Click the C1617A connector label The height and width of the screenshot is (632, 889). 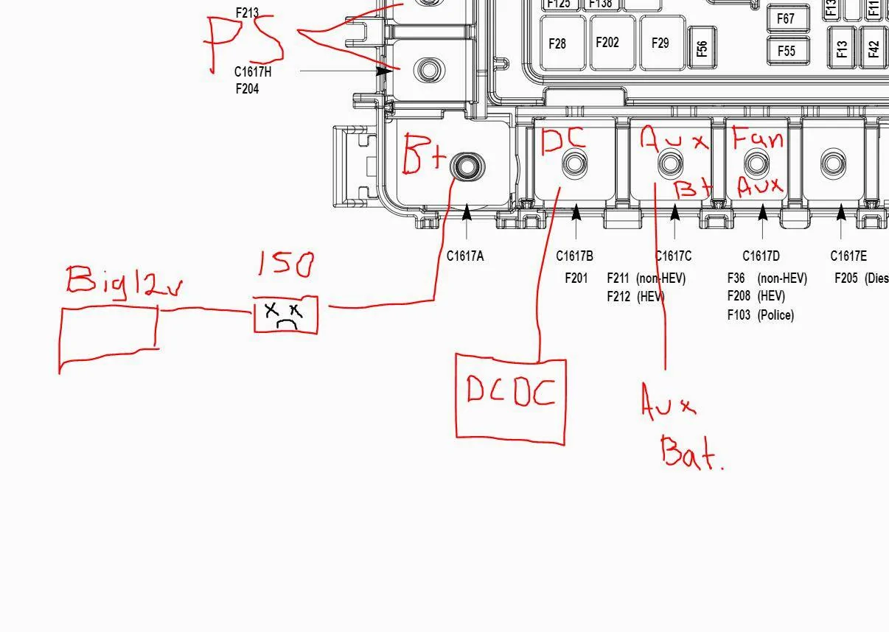coord(465,256)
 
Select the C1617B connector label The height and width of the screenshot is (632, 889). coord(574,256)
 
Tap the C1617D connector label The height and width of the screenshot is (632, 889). coord(761,256)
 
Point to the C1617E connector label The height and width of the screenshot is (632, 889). coord(848,256)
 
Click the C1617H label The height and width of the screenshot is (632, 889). coord(253,72)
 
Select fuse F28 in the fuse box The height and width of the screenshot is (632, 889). coord(558,44)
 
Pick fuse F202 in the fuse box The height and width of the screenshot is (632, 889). coord(607,43)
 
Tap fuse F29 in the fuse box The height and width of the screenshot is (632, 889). coord(660,43)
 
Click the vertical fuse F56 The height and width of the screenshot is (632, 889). coord(702,48)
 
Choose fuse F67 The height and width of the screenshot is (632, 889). coord(787,18)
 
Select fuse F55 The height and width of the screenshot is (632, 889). coord(787,51)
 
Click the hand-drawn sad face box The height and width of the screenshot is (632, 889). coord(286,315)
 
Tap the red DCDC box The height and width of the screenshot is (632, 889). coord(511,398)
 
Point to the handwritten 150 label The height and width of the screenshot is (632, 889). coord(286,264)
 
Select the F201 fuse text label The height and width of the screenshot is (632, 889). coord(576,278)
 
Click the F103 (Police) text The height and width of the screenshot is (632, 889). coord(760,315)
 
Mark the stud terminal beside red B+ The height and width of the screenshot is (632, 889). coord(467,167)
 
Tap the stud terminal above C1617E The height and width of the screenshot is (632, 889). coord(833,164)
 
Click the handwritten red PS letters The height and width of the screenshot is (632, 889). coord(244,42)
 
